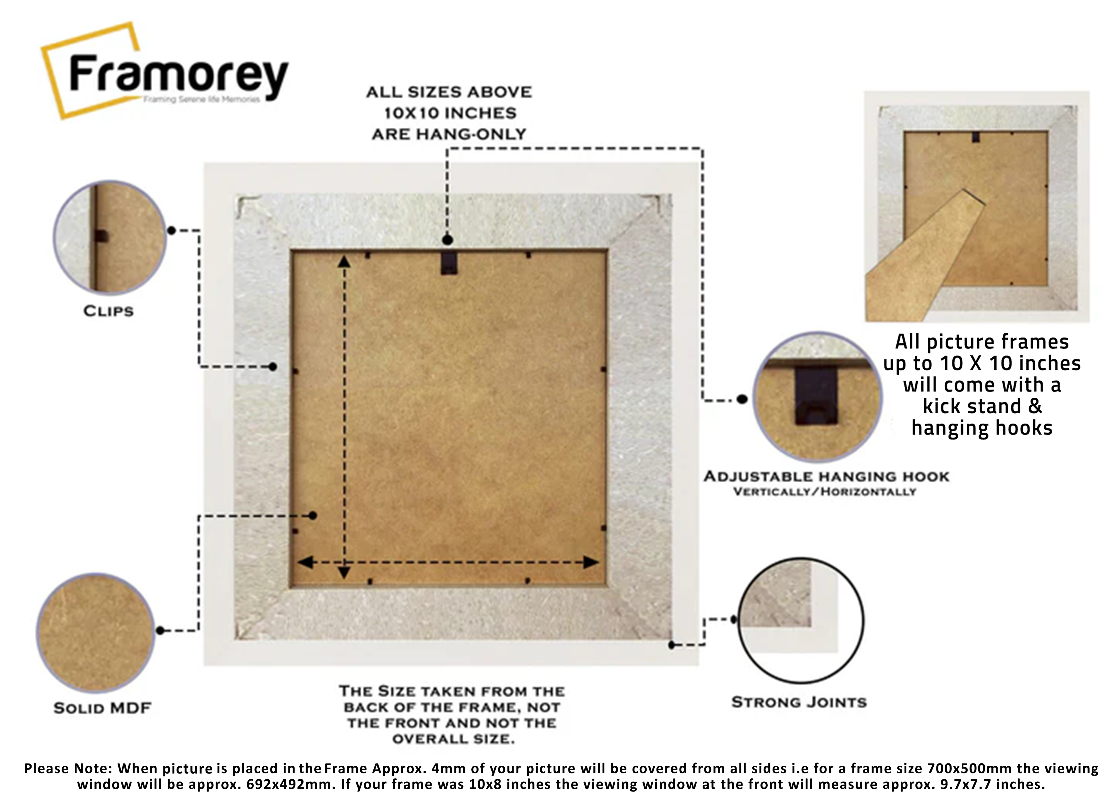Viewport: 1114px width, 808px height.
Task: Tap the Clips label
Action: (108, 311)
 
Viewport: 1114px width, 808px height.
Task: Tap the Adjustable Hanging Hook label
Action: (826, 477)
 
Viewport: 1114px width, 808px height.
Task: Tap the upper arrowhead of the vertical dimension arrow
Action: (344, 262)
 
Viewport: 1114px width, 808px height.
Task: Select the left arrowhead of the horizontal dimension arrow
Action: (306, 562)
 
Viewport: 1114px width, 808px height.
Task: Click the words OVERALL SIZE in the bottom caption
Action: (453, 739)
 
